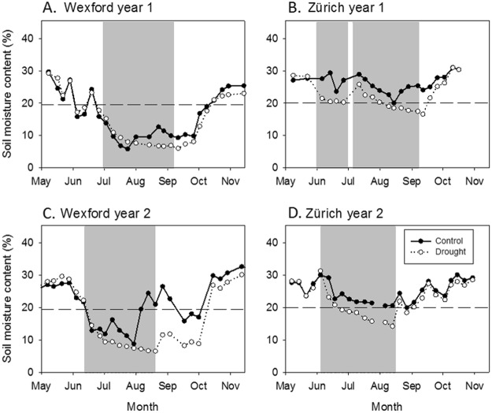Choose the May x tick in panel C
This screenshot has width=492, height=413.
click(39, 386)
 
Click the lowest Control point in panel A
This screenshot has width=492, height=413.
click(128, 148)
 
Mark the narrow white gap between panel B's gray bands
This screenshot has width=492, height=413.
click(350, 95)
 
